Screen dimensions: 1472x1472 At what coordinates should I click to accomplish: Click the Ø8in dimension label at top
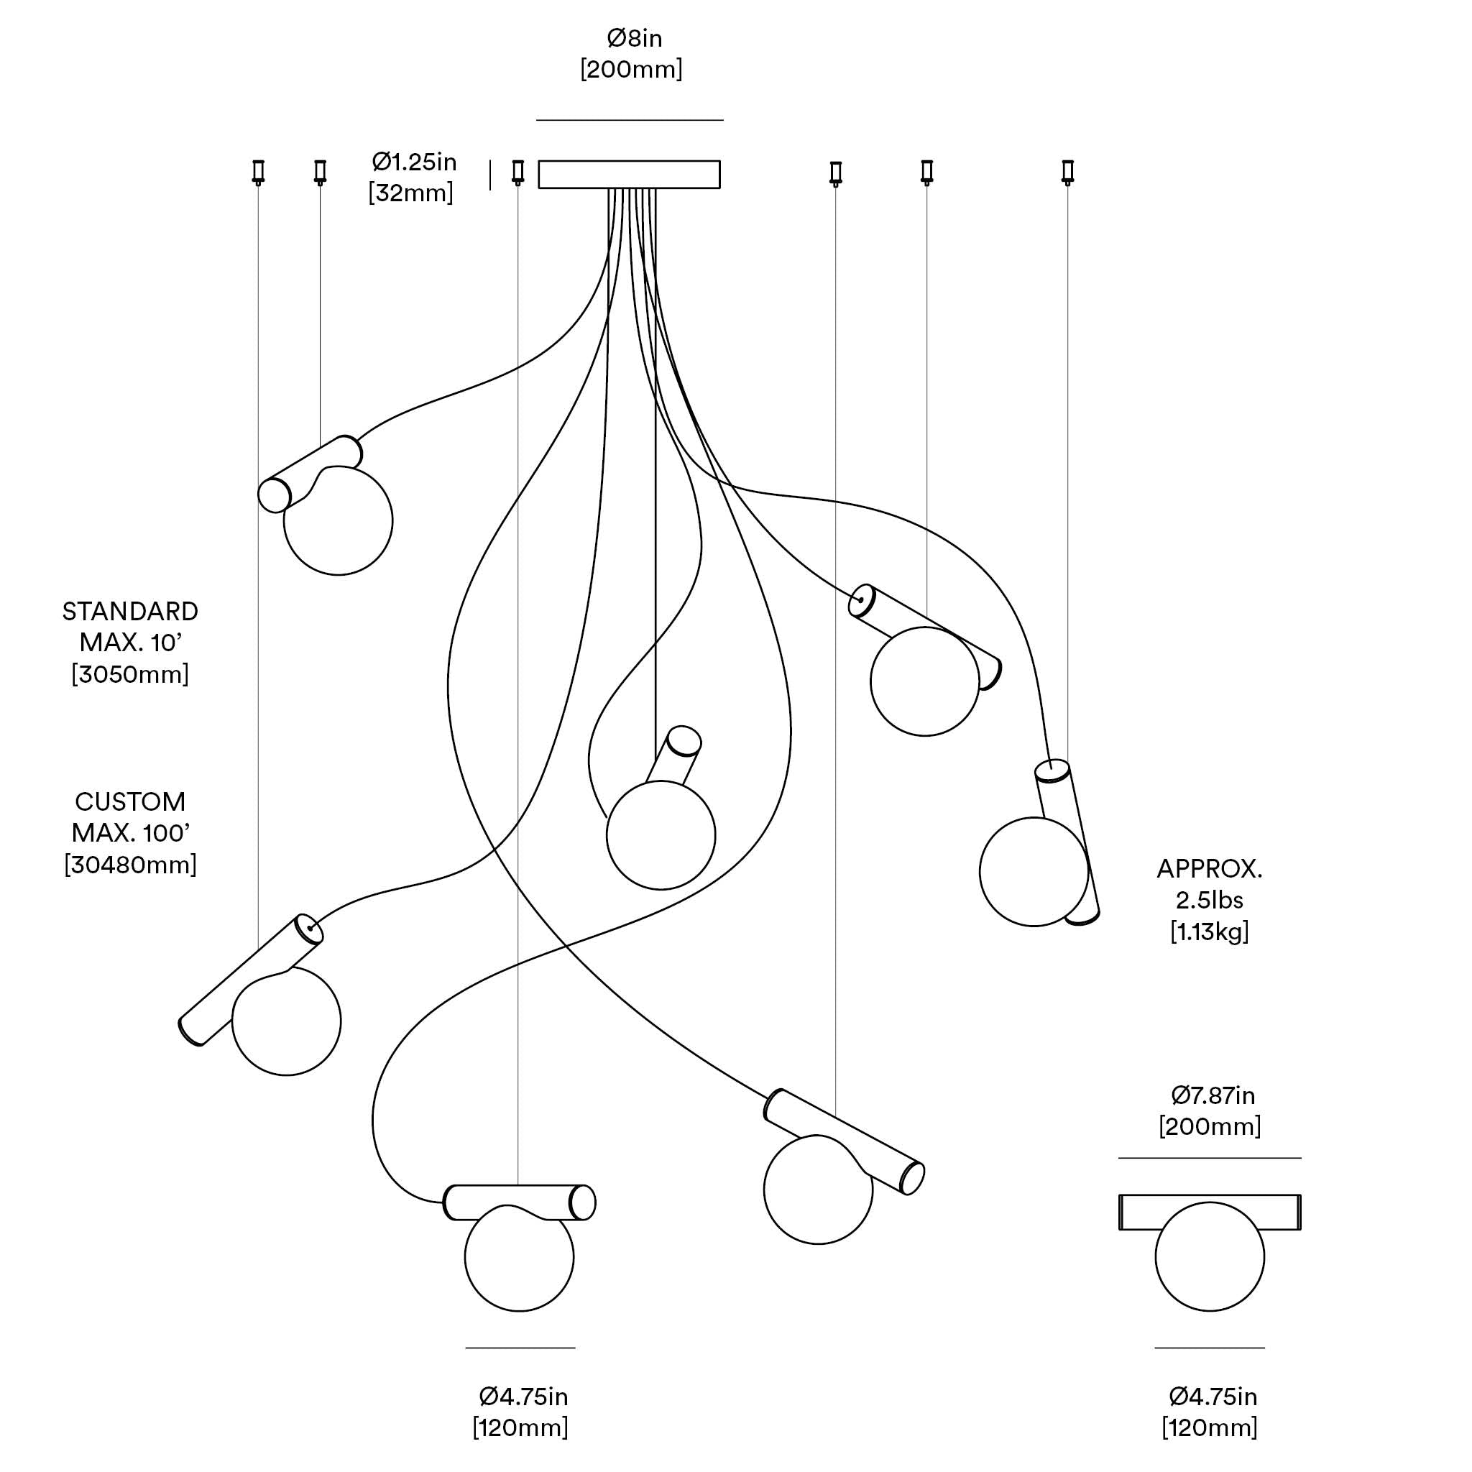coord(634,38)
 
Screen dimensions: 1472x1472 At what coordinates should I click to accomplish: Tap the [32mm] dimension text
coord(410,193)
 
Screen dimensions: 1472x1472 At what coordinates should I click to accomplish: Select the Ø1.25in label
coord(414,162)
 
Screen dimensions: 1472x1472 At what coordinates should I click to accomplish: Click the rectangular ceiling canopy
coord(630,175)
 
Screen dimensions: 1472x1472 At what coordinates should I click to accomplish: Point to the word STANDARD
coord(130,612)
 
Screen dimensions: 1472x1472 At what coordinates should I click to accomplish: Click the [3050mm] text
coord(130,675)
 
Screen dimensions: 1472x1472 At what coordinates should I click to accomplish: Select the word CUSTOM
coord(130,802)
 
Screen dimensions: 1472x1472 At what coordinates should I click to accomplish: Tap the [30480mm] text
coord(130,865)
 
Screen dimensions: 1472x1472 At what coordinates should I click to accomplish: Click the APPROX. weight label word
coord(1209,870)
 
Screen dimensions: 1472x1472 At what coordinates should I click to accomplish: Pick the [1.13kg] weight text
coord(1209,931)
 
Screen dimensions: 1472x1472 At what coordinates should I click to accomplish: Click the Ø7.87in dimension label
coord(1213,1095)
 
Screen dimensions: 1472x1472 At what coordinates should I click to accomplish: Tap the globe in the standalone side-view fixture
coord(1209,1257)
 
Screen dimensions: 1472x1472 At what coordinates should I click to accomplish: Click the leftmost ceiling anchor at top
coord(258,172)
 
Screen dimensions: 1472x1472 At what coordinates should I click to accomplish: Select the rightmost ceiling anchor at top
coord(1067,172)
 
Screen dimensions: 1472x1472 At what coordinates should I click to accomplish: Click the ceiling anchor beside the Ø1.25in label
coord(518,172)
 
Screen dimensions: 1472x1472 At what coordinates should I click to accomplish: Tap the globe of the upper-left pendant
coord(339,521)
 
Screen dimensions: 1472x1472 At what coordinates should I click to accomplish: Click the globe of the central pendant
coord(661,836)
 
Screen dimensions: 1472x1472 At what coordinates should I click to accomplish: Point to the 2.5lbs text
coord(1209,901)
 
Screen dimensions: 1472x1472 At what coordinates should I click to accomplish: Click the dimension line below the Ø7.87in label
coord(1209,1158)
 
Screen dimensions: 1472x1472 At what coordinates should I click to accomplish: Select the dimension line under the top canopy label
coord(630,120)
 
